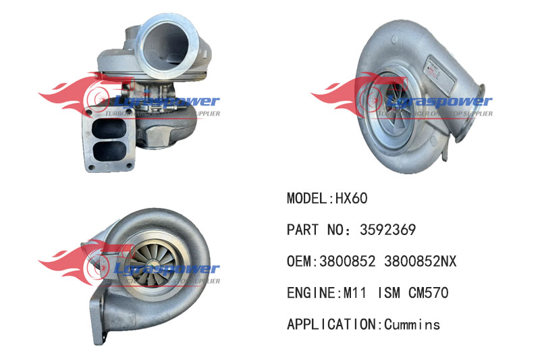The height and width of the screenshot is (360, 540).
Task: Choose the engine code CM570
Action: click(x=428, y=293)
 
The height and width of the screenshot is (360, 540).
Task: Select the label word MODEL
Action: click(x=306, y=199)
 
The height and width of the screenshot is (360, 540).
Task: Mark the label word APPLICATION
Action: click(x=331, y=325)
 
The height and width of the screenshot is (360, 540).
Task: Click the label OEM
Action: click(x=299, y=261)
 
